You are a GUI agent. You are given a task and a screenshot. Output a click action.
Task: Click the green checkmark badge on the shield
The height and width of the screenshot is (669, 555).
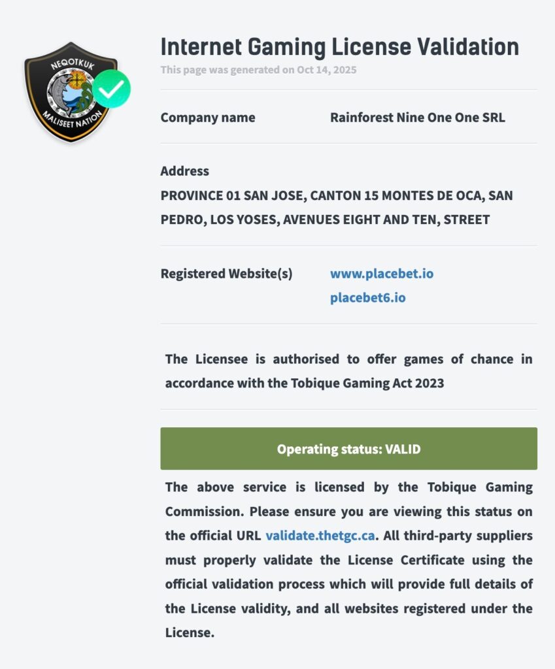tap(111, 89)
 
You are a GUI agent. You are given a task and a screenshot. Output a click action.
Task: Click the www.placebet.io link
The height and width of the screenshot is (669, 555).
tap(382, 273)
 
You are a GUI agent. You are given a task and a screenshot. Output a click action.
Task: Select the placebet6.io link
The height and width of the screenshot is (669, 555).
tap(367, 298)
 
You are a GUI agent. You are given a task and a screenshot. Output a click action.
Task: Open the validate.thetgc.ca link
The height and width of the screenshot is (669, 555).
tap(320, 536)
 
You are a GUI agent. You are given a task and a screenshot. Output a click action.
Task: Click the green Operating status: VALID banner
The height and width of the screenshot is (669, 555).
tap(348, 449)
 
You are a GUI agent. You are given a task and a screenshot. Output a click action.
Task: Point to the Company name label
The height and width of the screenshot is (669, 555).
tap(208, 118)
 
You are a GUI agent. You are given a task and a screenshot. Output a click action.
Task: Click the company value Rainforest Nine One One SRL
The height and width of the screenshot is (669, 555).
tap(417, 118)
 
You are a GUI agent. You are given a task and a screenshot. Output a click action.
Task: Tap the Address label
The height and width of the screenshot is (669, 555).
tap(185, 171)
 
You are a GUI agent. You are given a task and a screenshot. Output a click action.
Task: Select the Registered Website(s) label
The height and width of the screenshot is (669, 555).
tap(226, 273)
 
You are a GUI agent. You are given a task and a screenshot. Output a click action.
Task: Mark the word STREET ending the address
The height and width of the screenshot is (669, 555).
tap(466, 220)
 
